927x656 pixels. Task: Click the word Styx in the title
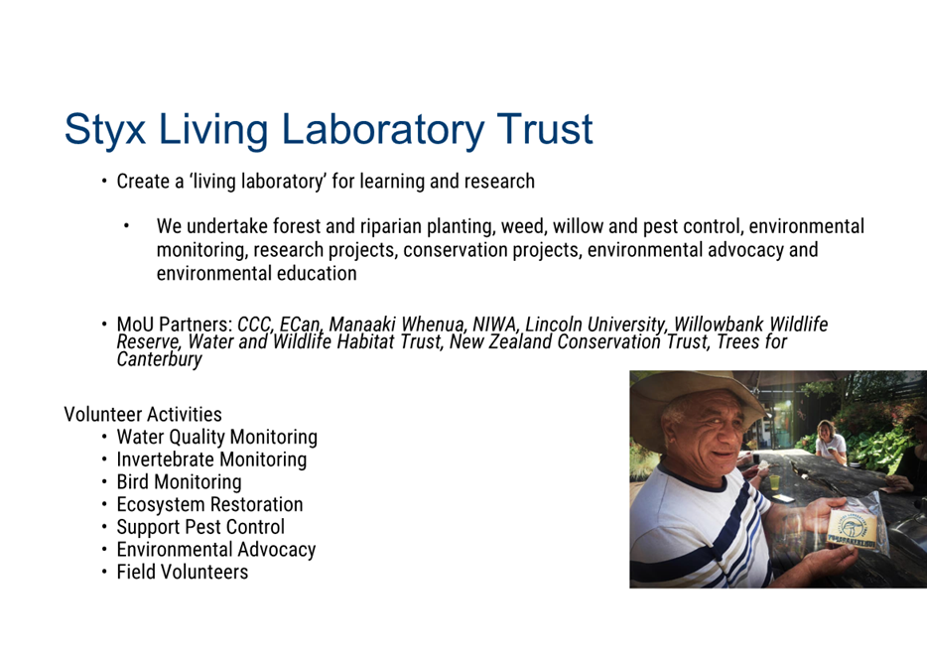104,130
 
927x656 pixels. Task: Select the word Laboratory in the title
382,130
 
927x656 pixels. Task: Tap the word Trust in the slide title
545,129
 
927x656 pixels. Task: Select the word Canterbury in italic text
159,359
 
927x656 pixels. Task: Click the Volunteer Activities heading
143,414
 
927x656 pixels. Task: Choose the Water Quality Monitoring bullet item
217,438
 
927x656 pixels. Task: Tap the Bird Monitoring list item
179,482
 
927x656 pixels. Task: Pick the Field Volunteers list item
182,572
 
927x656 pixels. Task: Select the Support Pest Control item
200,527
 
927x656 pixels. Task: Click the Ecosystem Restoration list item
209,505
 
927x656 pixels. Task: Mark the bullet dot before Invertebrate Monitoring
104,459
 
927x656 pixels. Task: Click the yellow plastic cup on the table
774,481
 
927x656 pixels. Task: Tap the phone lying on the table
782,498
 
